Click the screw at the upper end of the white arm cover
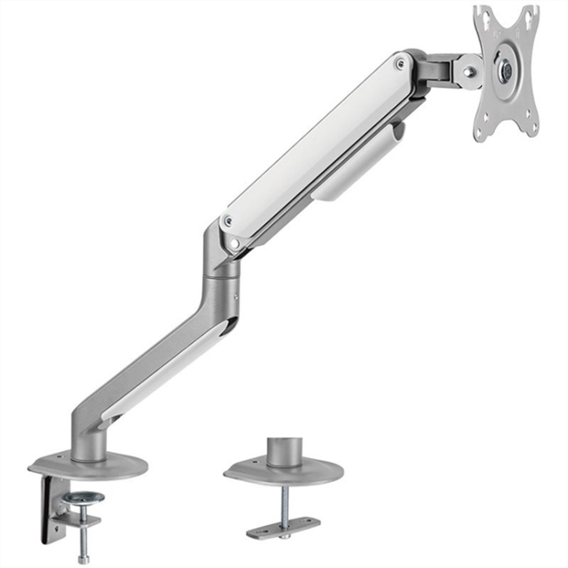click(398, 62)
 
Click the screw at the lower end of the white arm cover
click(228, 221)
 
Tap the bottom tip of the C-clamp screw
click(83, 559)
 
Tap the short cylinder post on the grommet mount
click(284, 451)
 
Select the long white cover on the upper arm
click(316, 142)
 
